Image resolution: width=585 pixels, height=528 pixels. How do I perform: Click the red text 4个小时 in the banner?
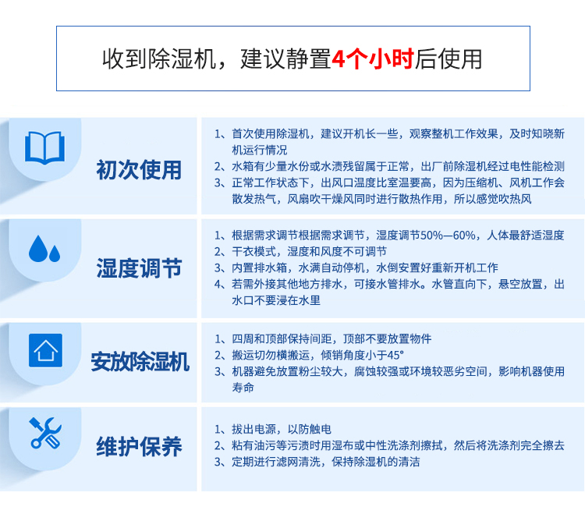click(373, 59)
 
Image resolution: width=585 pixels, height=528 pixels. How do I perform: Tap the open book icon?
click(44, 147)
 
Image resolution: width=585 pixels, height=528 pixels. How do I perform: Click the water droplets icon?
click(44, 249)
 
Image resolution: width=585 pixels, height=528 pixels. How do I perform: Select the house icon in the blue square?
click(45, 350)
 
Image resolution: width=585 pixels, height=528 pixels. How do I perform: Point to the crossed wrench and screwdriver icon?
click(45, 433)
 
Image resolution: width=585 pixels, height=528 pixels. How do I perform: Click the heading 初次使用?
click(139, 170)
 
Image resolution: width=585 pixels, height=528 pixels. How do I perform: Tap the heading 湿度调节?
click(139, 268)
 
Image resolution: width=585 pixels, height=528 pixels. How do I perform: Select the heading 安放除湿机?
click(140, 361)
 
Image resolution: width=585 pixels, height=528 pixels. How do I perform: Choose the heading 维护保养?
click(139, 446)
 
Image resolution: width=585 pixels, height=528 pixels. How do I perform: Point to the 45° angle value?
click(395, 355)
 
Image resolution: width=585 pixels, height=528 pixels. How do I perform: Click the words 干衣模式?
click(253, 251)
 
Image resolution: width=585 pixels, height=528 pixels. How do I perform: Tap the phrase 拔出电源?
click(253, 429)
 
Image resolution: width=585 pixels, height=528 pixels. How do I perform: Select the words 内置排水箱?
click(259, 268)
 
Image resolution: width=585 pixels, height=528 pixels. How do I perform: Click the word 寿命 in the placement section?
click(243, 388)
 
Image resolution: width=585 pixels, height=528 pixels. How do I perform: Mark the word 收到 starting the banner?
click(125, 59)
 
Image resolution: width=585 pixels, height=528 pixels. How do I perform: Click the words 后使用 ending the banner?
click(448, 59)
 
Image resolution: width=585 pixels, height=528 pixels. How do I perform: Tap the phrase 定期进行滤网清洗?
click(276, 462)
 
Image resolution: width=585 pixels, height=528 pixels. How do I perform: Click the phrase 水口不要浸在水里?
click(276, 300)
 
